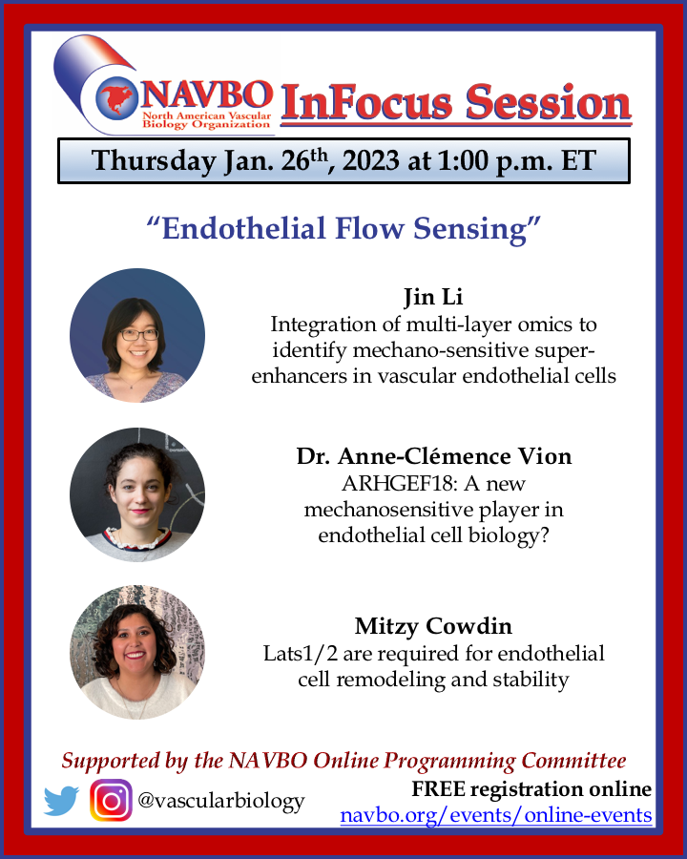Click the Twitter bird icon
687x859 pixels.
61,801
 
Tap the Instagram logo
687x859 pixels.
111,800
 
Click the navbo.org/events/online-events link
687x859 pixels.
496,816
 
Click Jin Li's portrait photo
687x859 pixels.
137,335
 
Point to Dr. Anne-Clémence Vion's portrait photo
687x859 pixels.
137,494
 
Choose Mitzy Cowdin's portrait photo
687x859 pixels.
137,652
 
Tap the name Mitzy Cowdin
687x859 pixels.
434,627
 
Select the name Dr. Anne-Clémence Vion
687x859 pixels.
434,456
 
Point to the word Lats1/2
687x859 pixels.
296,654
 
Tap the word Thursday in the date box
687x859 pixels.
154,160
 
